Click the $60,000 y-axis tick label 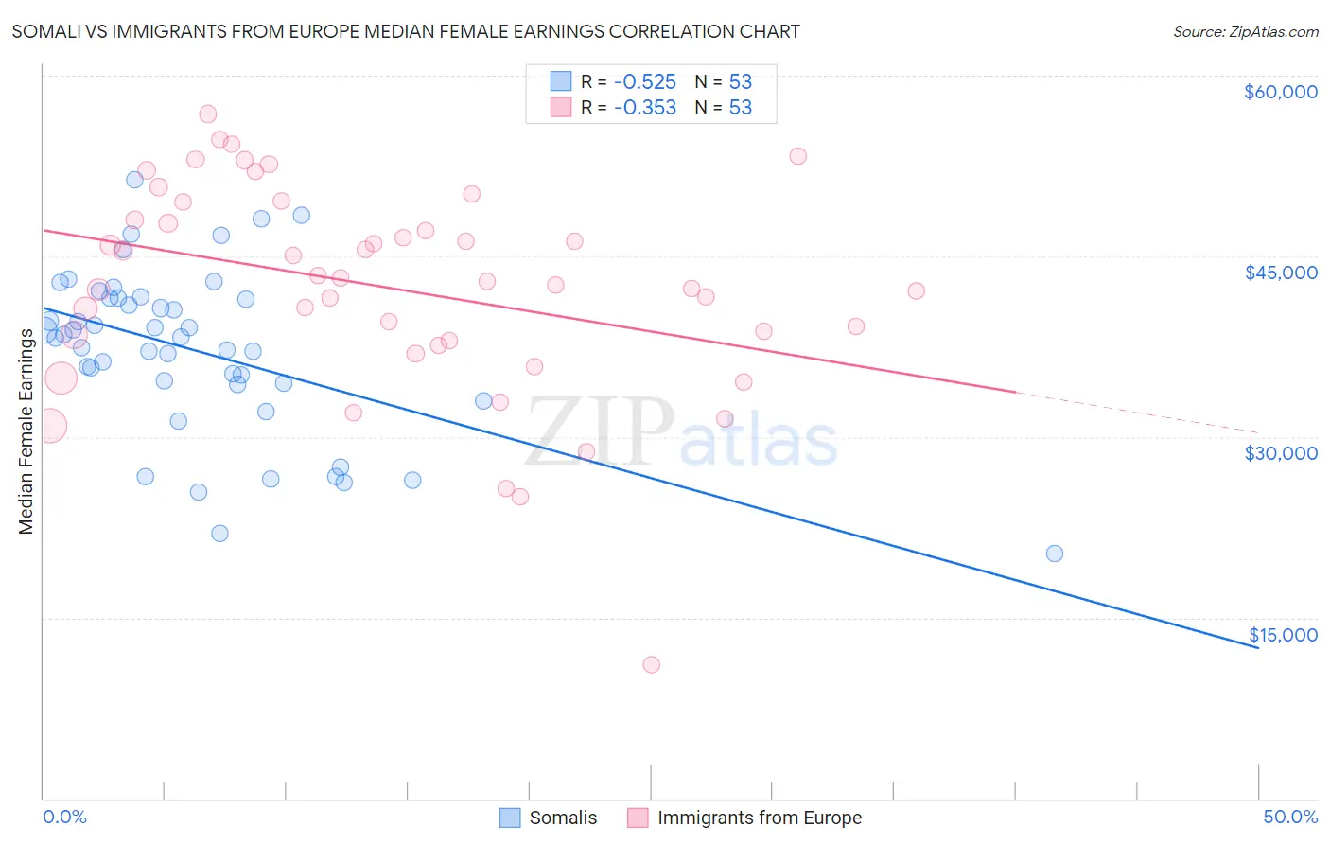(x=1280, y=92)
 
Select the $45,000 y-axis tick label (x=1280, y=273)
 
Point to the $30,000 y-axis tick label (x=1280, y=453)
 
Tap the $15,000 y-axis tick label (x=1282, y=635)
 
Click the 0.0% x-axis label (x=64, y=818)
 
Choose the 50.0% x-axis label (x=1289, y=818)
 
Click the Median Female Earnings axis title (x=26, y=431)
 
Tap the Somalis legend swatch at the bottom (x=510, y=818)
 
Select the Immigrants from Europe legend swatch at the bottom (x=639, y=818)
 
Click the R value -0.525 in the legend (x=644, y=82)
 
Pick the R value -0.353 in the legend (x=644, y=108)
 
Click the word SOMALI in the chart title (x=44, y=32)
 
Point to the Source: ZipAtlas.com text (x=1245, y=32)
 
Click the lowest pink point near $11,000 (x=651, y=664)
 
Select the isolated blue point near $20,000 (x=1055, y=554)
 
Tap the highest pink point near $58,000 (x=208, y=114)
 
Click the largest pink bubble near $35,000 (x=61, y=378)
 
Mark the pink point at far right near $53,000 (x=798, y=156)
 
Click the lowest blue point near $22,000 (x=219, y=533)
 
